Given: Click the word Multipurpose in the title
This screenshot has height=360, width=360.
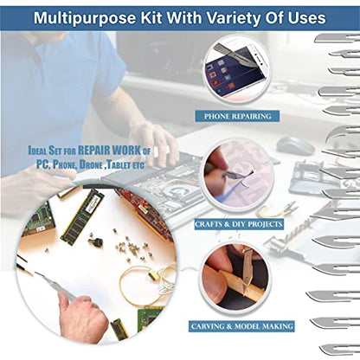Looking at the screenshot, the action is click(85, 18).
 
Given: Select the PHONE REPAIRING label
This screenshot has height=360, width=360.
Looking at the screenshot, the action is click(237, 116).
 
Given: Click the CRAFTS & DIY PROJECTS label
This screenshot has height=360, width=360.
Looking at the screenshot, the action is click(239, 224).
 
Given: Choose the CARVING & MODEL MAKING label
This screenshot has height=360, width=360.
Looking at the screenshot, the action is click(241, 326).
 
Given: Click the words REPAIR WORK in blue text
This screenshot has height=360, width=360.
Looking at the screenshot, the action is click(110, 151).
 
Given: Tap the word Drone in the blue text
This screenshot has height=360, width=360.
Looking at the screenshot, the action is click(91, 164).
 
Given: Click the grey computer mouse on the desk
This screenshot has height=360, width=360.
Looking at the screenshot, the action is click(295, 145).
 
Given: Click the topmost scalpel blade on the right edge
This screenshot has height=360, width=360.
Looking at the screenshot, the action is click(337, 38).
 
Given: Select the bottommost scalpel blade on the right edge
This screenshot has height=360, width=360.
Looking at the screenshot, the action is click(340, 350).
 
